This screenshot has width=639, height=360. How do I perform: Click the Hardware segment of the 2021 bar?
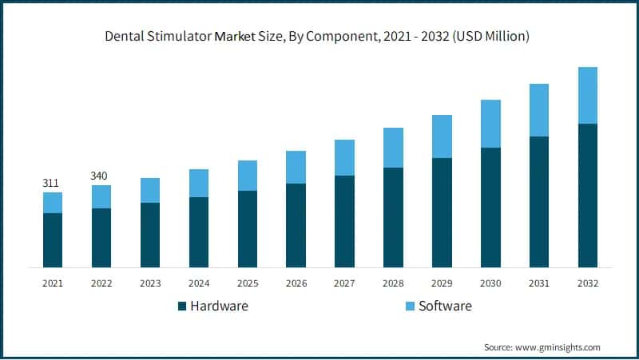pos(53,240)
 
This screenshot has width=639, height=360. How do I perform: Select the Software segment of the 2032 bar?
pos(588,95)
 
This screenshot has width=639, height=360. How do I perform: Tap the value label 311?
pos(50,184)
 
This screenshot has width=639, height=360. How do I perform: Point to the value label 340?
pos(100,176)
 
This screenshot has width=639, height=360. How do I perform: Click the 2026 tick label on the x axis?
pos(296,283)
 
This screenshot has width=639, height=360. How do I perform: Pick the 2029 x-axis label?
pos(442,283)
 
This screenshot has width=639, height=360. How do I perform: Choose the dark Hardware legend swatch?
pos(183,306)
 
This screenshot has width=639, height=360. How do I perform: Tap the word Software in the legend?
pos(445,306)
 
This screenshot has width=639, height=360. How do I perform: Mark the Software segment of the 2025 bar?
pos(248,176)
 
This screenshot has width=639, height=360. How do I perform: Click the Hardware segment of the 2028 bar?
pos(393,217)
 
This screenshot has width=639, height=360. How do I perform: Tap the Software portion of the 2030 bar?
pos(490,124)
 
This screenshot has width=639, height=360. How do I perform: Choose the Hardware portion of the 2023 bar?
pos(150,235)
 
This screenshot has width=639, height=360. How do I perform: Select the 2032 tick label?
pos(588,283)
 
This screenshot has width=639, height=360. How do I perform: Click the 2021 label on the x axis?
pos(53,283)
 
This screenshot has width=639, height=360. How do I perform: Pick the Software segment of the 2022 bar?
pos(101,196)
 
